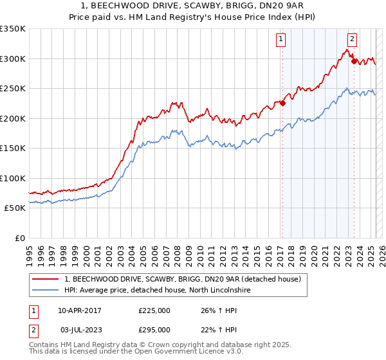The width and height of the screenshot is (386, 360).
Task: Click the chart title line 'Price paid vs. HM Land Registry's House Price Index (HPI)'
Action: [193, 18]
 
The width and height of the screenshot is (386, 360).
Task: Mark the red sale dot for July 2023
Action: [354, 62]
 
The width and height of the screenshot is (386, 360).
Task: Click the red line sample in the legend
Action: [45, 280]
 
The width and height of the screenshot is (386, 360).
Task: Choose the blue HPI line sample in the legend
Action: [45, 291]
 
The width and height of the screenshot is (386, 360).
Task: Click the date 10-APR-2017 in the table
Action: [80, 311]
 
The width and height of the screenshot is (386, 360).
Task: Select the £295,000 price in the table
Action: [154, 330]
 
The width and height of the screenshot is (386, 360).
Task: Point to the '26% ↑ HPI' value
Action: [218, 311]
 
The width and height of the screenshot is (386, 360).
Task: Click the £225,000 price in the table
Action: [154, 311]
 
